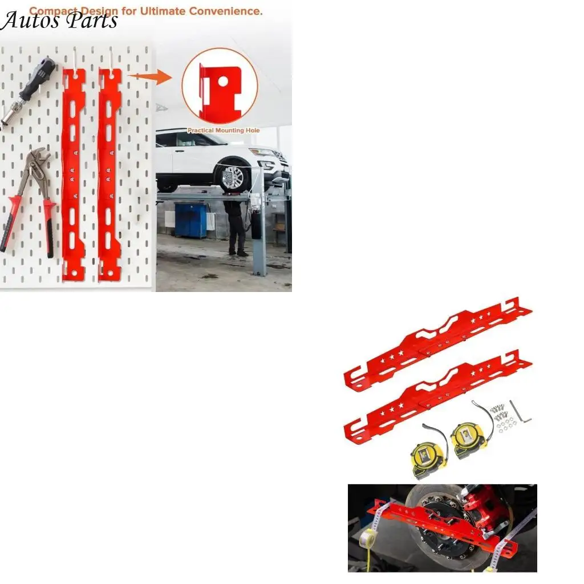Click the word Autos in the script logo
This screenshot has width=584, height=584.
point(30,21)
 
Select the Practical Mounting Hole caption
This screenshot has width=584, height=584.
point(223,131)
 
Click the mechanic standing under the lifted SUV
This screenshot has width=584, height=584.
point(235,225)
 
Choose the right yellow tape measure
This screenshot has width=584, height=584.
point(468,441)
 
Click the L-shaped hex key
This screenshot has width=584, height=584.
point(520,411)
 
